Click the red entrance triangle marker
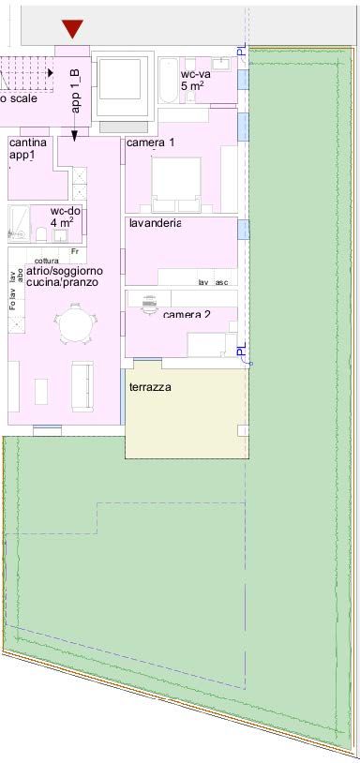(72, 29)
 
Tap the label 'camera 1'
(150, 142)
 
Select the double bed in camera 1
(176, 184)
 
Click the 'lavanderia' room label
(154, 223)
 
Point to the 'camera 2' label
(187, 314)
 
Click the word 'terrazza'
(150, 386)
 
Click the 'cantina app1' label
(27, 149)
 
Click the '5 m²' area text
(191, 86)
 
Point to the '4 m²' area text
(67, 223)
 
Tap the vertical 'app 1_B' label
(76, 90)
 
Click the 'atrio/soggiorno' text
(65, 271)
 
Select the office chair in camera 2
(148, 303)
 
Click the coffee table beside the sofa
(41, 390)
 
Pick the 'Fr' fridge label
(74, 251)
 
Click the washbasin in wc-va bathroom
(221, 65)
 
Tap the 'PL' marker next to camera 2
(242, 352)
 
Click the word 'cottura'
(46, 261)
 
